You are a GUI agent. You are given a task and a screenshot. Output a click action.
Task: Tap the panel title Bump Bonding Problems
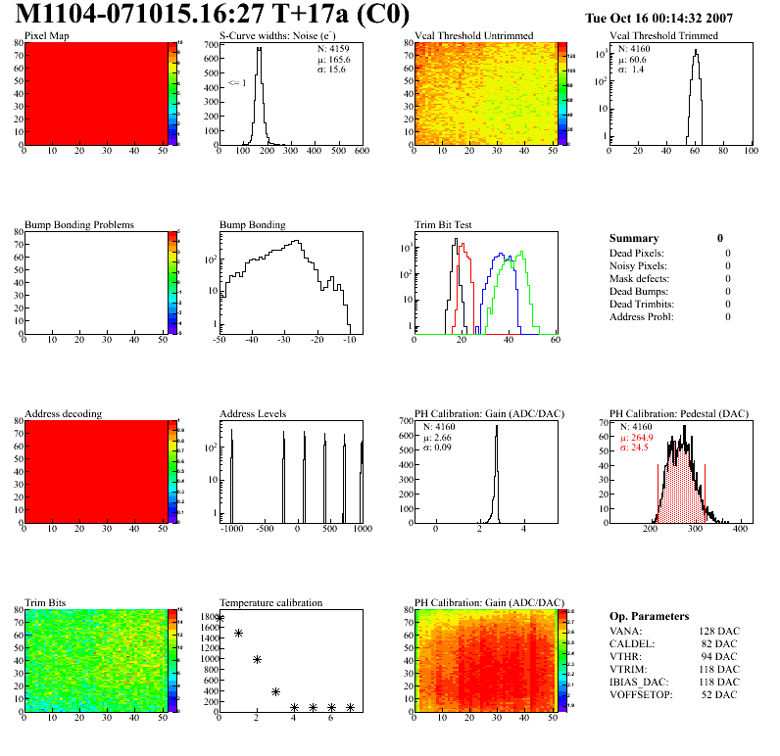[78, 225]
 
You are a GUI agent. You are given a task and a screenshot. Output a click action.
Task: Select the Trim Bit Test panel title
[444, 225]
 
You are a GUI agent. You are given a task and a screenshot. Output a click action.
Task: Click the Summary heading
[634, 238]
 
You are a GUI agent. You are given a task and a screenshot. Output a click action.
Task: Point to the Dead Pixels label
[638, 253]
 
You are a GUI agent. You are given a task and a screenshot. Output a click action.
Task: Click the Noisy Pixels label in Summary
[639, 265]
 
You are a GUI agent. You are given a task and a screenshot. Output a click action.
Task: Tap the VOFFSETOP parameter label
[643, 694]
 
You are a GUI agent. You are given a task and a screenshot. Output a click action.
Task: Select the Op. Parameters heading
[649, 616]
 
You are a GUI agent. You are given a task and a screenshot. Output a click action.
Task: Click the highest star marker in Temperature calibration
[219, 618]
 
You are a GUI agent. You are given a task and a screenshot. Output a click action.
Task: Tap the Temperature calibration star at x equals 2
[257, 660]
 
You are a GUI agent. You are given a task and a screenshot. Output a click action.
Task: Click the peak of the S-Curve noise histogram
[259, 50]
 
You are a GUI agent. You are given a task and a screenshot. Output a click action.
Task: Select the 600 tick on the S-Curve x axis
[361, 152]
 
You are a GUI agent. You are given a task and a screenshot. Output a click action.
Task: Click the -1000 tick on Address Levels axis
[231, 528]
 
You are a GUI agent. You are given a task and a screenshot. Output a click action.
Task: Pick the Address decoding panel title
[63, 414]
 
